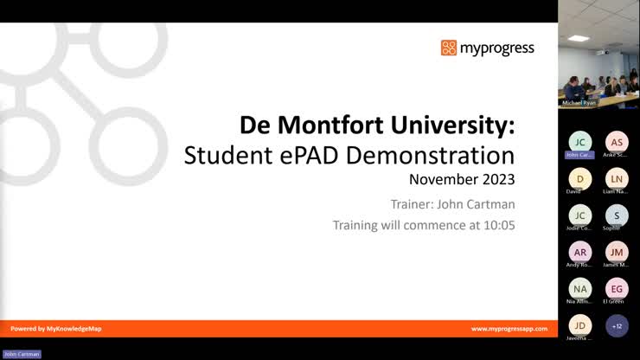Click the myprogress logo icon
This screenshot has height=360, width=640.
448,48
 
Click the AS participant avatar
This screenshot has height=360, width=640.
617,142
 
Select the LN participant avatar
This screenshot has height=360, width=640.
617,178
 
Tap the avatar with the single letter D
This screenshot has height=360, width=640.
580,178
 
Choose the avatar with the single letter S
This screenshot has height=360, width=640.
617,215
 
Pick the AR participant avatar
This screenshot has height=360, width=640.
580,251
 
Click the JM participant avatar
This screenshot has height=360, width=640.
617,251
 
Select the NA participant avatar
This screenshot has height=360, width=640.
580,288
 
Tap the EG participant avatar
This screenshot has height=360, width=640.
617,288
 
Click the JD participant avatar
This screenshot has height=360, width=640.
580,325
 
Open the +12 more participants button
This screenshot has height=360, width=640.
617,325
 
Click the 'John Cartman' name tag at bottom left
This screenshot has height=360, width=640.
22,354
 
